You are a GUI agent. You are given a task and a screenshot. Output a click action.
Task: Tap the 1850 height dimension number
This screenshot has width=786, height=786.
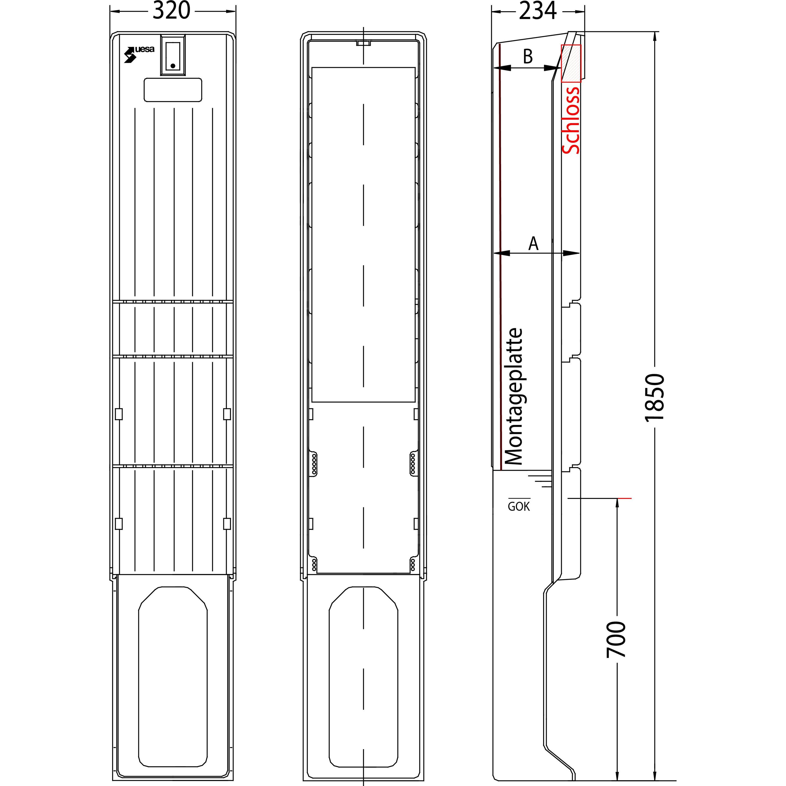[655, 397]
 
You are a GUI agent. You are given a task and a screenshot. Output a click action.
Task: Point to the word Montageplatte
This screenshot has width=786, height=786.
[513, 397]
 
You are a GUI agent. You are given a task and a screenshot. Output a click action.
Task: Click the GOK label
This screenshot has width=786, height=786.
[519, 507]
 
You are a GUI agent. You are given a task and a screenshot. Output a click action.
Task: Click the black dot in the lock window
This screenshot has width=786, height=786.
[173, 65]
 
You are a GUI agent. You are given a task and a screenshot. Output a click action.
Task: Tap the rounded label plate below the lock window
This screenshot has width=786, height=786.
[173, 90]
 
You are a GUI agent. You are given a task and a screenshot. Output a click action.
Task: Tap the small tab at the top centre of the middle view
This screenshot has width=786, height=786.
[363, 42]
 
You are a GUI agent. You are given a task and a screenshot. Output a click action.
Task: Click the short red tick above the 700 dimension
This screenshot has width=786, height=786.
[624, 498]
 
